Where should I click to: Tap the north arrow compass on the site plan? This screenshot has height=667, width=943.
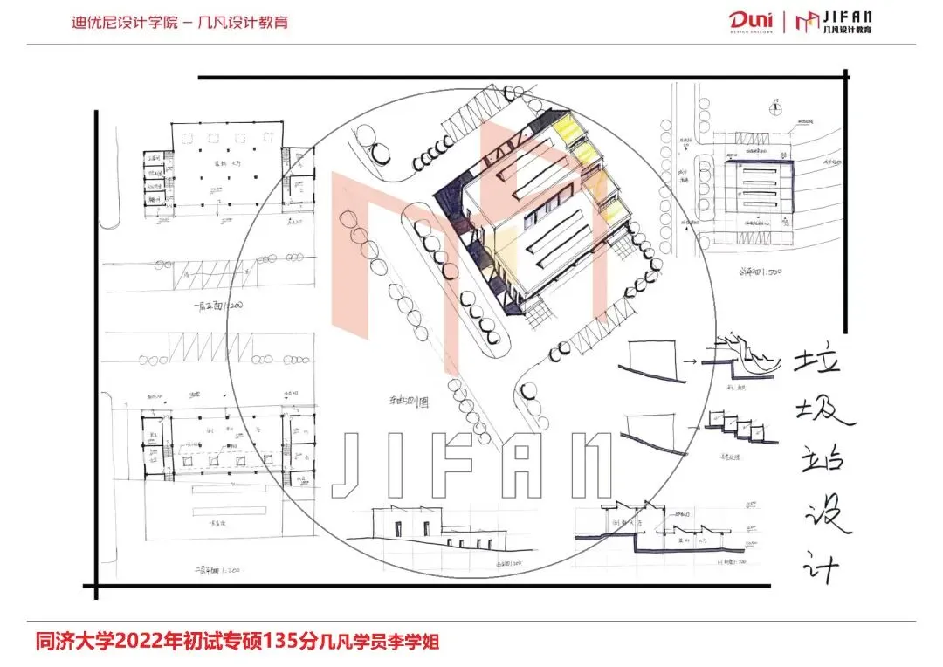click(774, 107)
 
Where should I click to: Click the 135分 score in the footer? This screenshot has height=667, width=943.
click(293, 642)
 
